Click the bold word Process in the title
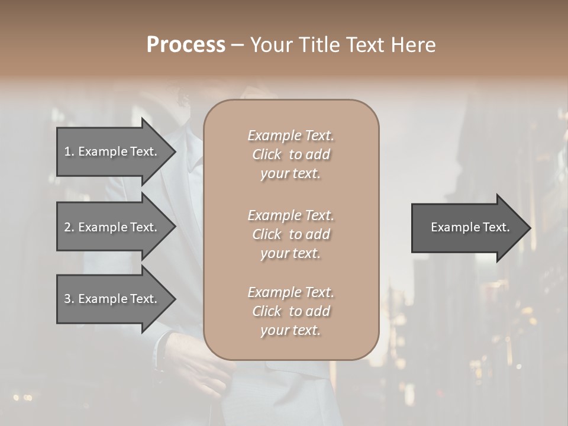186,45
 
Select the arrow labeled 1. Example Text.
112,151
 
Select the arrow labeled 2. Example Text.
112,227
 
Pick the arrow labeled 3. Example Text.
112,299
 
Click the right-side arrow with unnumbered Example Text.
467,228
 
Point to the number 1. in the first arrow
69,151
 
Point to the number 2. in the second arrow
69,227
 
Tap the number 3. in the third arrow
69,299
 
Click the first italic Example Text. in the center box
291,135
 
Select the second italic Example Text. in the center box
291,215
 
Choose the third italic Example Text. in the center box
291,292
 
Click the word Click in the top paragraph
266,154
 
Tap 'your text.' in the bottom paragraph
291,330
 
